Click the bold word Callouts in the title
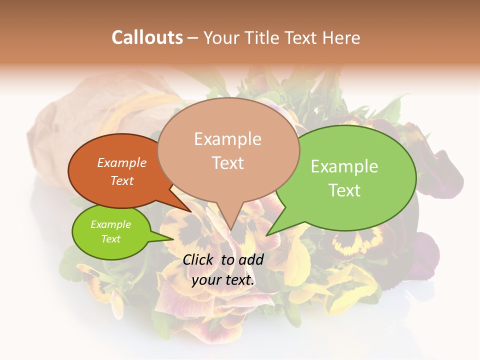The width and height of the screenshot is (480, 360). pos(147,37)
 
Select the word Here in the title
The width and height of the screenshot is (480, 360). pos(341,37)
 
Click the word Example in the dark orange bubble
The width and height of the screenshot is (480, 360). pos(122,162)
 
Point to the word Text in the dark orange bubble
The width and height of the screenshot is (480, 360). pos(122,180)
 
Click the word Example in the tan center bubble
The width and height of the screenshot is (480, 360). pos(227,139)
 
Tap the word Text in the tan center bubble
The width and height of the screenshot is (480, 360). pos(227,162)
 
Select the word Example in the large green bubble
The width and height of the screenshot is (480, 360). pos(344,166)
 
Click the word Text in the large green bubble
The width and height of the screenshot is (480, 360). pos(344,190)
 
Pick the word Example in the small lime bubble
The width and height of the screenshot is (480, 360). pos(110,224)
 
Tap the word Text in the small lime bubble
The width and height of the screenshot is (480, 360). pos(110,239)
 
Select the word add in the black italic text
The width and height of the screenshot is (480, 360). pos(251,259)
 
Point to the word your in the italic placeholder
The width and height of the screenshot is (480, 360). pos(206,280)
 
